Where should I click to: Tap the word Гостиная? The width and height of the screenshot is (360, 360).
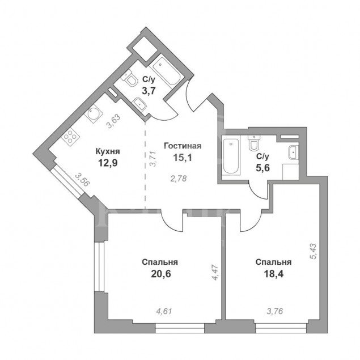pos(183,146)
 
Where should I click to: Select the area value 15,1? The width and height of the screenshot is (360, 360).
pos(183,158)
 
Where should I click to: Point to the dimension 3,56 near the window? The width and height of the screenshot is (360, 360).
pos(83,182)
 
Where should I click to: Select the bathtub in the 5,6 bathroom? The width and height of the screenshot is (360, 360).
pos(231,155)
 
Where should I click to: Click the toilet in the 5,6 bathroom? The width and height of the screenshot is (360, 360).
pos(253,146)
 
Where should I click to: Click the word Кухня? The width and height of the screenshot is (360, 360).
pos(107,151)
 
